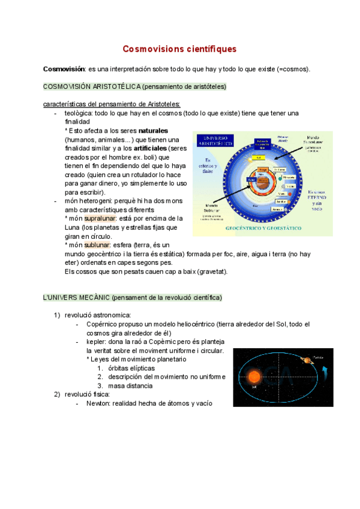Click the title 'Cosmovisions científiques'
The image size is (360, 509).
pyautogui.click(x=179, y=49)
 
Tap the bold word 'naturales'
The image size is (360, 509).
pyautogui.click(x=153, y=130)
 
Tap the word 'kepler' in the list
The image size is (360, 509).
pyautogui.click(x=97, y=342)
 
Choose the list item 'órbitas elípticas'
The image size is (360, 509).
pyautogui.click(x=131, y=368)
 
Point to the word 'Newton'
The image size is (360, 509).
pyautogui.click(x=99, y=403)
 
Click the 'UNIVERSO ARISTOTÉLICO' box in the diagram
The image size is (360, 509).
pyautogui.click(x=218, y=141)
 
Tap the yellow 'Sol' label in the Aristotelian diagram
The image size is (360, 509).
pyautogui.click(x=257, y=158)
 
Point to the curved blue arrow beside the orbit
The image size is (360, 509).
pyautogui.click(x=325, y=367)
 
